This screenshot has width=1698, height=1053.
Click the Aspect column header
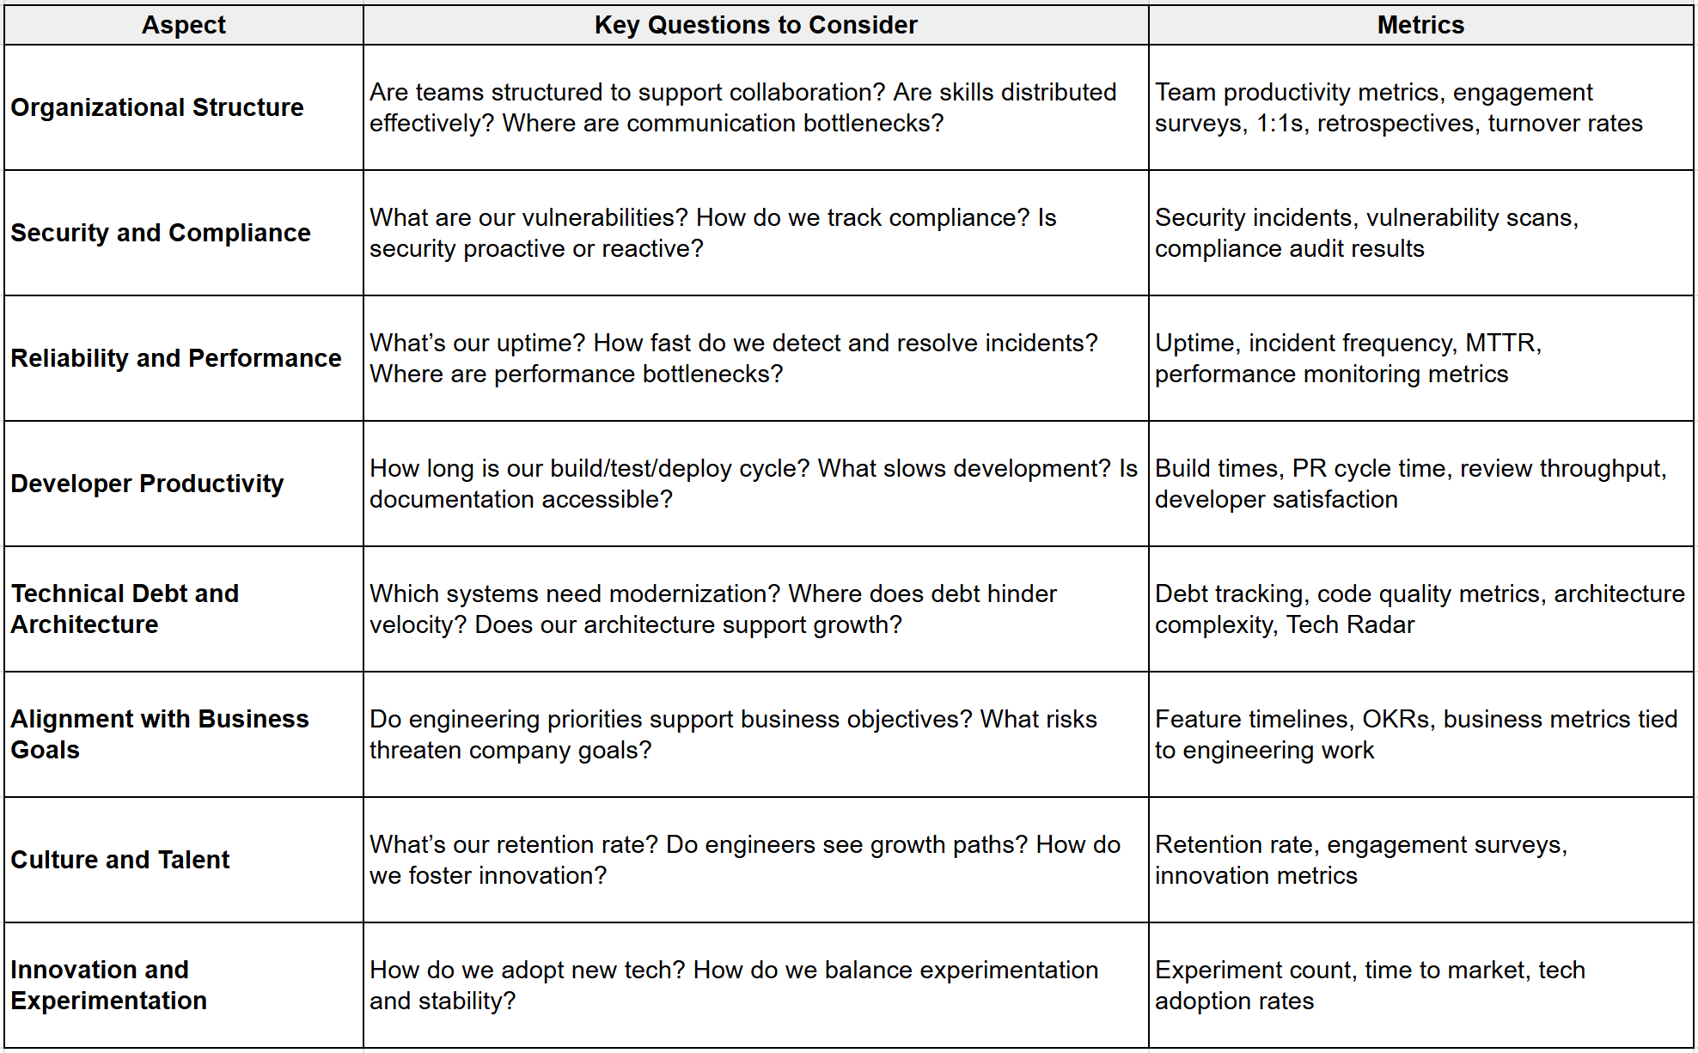tap(183, 25)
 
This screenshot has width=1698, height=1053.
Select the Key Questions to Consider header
tap(755, 25)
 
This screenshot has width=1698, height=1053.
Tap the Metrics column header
tap(1420, 25)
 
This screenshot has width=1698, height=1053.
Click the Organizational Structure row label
tap(157, 107)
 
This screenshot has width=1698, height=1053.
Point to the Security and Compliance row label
tap(161, 233)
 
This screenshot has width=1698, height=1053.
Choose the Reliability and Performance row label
tap(176, 358)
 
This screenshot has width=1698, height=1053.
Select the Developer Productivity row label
tap(147, 484)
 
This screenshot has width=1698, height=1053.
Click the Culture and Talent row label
tap(120, 860)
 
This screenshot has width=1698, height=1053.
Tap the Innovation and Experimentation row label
tap(109, 985)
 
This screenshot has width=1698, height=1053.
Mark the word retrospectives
tap(1395, 123)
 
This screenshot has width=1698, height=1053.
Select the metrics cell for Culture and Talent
tap(1420, 860)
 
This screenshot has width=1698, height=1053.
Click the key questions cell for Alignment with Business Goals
tap(755, 734)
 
